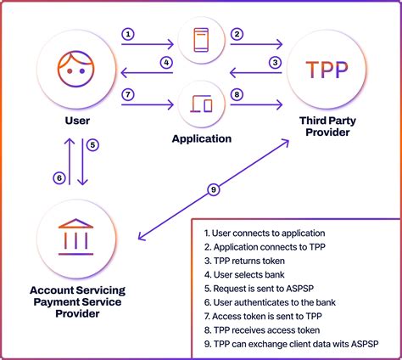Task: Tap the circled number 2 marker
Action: point(237,35)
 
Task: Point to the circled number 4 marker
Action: point(167,62)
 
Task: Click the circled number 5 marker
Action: point(94,144)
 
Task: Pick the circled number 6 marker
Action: point(59,178)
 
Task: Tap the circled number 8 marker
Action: point(237,94)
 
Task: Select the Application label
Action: point(202,138)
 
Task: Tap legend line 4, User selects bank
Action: point(247,274)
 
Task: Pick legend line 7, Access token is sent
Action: point(263,315)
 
